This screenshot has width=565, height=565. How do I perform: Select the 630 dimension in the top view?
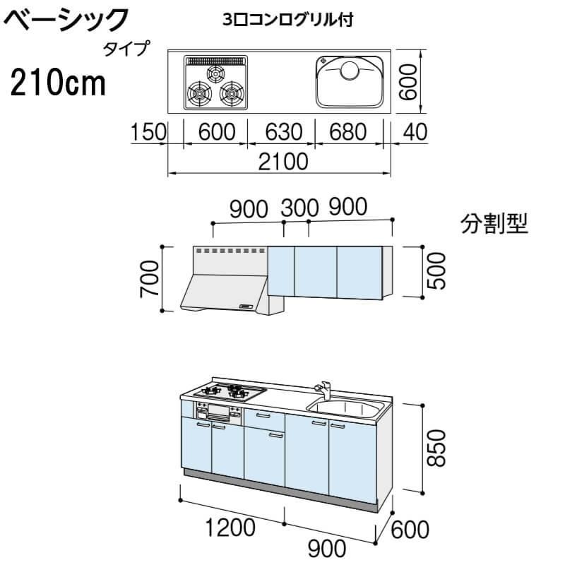click(x=280, y=132)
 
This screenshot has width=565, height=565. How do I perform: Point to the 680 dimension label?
click(x=347, y=132)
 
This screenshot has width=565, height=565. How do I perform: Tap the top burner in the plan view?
click(x=215, y=72)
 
